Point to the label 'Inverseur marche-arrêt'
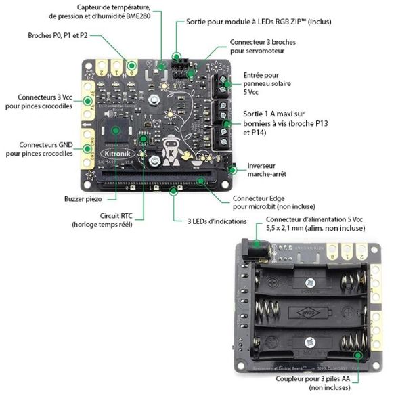pos(266,170)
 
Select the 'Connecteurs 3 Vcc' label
pos(41,102)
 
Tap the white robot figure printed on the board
pos(172,152)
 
